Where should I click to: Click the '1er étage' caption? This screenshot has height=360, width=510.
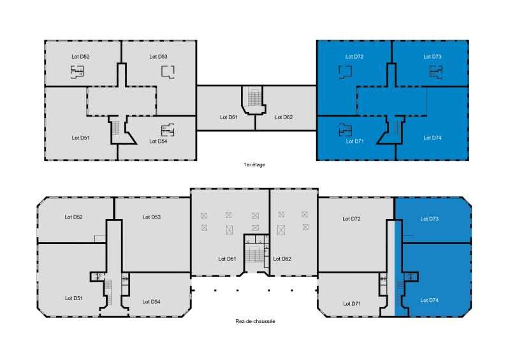pos(254,164)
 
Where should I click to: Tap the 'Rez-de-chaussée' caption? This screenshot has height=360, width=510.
pos(256,321)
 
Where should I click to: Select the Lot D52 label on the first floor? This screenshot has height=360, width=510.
pos(80,57)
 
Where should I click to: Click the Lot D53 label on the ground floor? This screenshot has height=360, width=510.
pos(152,217)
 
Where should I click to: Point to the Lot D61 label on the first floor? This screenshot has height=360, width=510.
pos(229,117)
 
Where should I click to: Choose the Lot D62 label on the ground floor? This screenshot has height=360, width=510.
pos(282,259)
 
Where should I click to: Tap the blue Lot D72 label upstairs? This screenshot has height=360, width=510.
pos(354,57)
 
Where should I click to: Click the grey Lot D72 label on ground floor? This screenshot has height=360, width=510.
pos(351,219)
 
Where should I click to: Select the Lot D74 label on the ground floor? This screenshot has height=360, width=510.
pos(429,300)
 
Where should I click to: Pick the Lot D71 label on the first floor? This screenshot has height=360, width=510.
pos(354,141)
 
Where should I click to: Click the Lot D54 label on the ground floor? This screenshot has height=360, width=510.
pos(151,302)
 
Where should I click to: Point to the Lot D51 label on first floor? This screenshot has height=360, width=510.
pos(80,138)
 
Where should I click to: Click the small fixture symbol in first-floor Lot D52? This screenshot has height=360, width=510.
pos(77,71)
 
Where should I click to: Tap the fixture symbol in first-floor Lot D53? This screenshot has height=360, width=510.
pos(168,71)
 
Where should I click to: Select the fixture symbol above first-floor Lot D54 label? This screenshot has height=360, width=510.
pos(168,130)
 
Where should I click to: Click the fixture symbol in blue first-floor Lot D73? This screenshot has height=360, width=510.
pos(436,71)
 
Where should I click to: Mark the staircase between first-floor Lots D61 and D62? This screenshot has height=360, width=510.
pos(254,97)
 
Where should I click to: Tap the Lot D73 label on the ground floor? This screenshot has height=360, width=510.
pos(429,219)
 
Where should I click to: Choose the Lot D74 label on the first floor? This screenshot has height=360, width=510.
pos(432,138)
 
